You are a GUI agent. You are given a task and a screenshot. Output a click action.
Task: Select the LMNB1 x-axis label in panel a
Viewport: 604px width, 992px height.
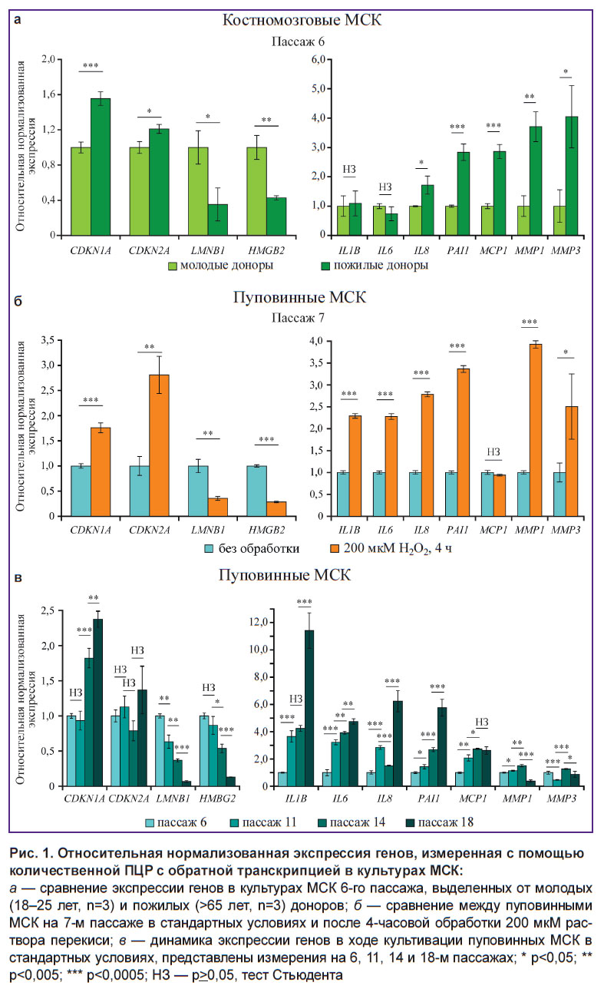(x=207, y=250)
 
